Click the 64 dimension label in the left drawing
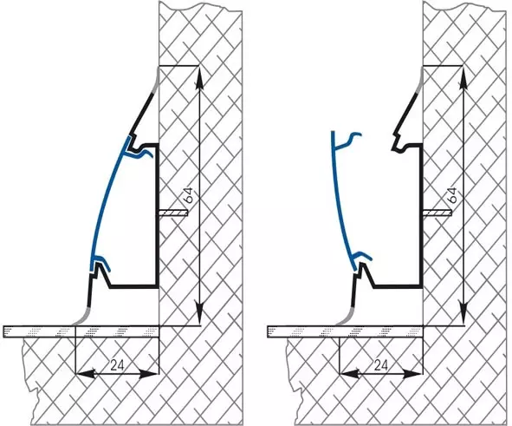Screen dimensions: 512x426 tap(191, 195)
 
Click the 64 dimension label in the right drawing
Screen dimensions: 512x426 tap(452, 195)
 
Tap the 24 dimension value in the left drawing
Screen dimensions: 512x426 tap(117, 365)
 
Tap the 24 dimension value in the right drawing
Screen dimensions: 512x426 tap(380, 365)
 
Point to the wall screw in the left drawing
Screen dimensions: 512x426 tap(173, 213)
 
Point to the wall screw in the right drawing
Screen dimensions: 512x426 tap(437, 213)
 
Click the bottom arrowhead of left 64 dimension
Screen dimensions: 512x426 tap(199, 313)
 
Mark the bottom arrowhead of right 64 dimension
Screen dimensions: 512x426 tap(463, 313)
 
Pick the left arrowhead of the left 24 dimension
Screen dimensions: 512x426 tap(86, 373)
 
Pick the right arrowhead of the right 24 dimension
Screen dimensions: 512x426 tap(412, 373)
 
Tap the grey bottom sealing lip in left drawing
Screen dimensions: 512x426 tap(81, 318)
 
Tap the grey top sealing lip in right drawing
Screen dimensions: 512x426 tap(420, 81)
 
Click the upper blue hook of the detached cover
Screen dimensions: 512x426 tap(348, 140)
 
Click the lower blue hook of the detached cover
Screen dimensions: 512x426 tap(362, 255)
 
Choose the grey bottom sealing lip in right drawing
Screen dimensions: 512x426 tap(345, 318)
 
